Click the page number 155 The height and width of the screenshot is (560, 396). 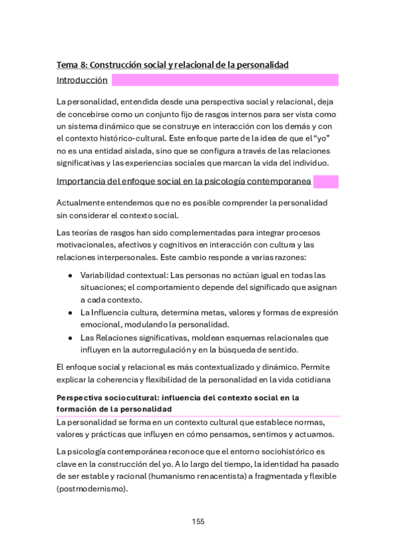198,521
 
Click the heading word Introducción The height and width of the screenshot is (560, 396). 82,81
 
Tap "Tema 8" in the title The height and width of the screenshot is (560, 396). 71,65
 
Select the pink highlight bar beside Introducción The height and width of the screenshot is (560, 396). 225,81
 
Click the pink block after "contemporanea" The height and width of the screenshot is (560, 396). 325,182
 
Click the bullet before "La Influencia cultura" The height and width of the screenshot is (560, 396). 69,312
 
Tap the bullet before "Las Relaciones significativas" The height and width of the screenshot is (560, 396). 69,337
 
